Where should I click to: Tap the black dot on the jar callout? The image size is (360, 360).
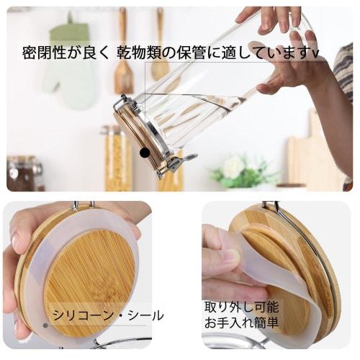coord(145,153)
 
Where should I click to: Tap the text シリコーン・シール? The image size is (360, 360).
coord(116,315)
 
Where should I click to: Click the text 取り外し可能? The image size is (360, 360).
coord(240,306)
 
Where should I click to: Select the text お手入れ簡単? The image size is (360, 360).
coord(240,323)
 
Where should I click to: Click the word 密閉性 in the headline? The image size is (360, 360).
coord(41,54)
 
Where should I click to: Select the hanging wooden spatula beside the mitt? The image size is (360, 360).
coord(123,65)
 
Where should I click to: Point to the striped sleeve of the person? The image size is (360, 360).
coord(343,79)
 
